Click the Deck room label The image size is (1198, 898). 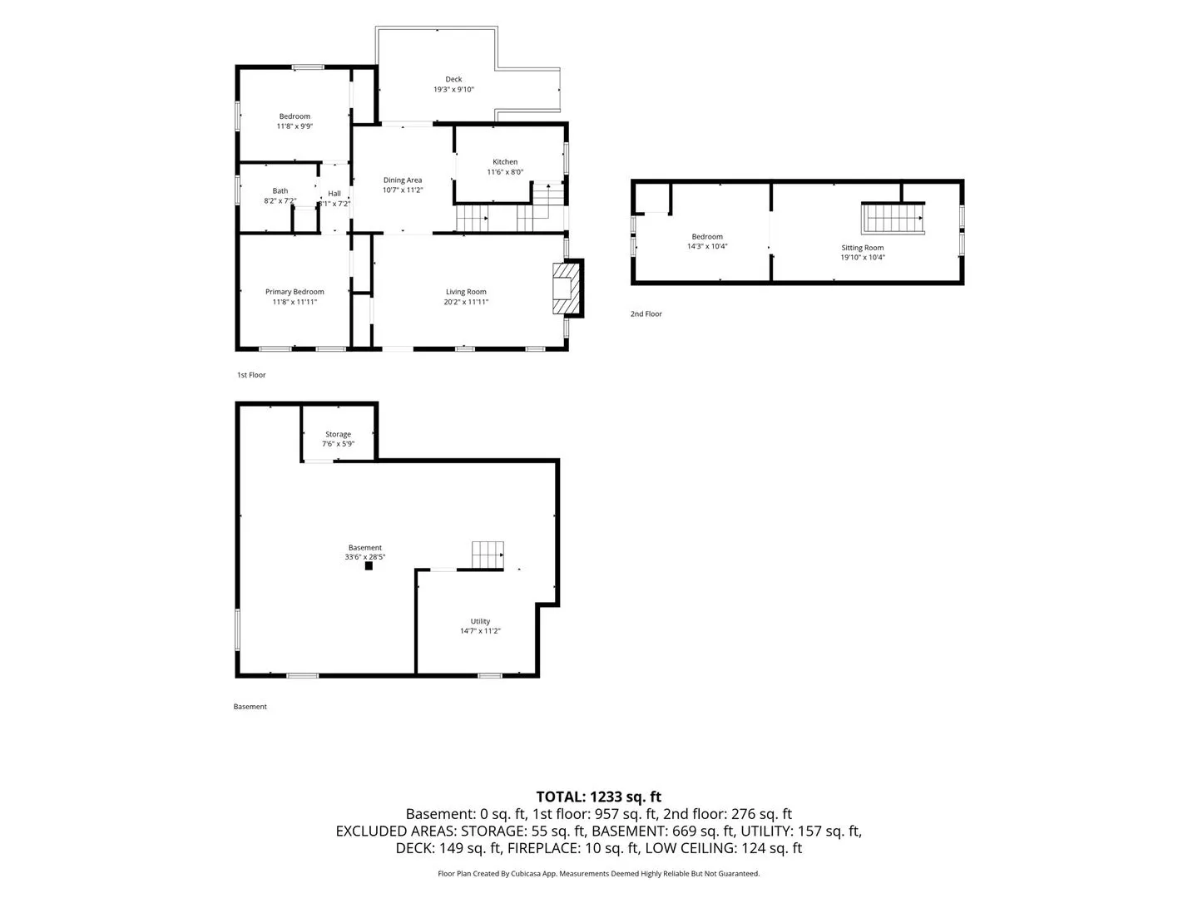point(453,79)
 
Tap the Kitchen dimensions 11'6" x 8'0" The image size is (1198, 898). point(505,172)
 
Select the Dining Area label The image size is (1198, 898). point(402,180)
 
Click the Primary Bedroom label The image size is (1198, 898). point(295,292)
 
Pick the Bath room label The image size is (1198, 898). point(280,191)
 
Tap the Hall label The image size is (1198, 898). point(334,194)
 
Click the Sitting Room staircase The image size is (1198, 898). point(893,218)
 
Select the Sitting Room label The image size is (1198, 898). point(862,248)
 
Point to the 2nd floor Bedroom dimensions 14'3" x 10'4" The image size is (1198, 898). point(707,246)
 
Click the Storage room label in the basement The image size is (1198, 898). point(338,434)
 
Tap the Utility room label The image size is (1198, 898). point(480,621)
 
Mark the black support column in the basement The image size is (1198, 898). point(369,566)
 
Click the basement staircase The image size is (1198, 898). point(488,555)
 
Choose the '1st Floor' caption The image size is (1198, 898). point(251,374)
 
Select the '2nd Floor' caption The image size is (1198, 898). point(646,313)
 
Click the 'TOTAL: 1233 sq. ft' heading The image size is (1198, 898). point(598,797)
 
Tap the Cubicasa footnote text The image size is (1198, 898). point(598,873)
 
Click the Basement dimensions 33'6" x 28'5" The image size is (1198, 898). point(364,557)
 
